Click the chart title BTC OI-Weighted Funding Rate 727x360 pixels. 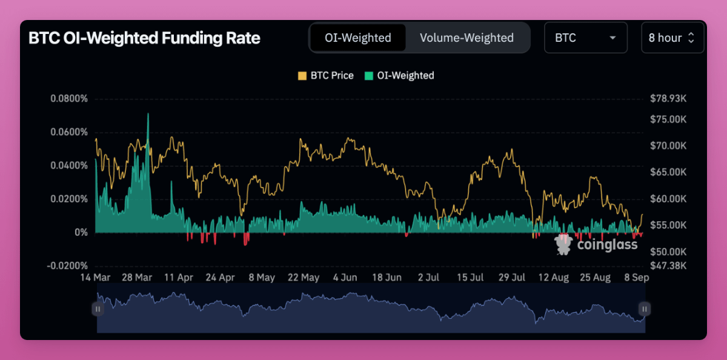coord(144,38)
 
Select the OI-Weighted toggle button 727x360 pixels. coord(357,38)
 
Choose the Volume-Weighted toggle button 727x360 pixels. coord(466,38)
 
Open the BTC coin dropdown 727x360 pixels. coord(585,38)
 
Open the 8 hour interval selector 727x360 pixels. coord(672,38)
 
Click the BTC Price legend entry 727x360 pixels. coord(325,76)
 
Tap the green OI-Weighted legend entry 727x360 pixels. coord(399,76)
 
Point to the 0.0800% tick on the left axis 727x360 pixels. coord(68,98)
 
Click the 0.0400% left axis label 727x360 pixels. coord(68,165)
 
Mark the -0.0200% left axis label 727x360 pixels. coord(67,265)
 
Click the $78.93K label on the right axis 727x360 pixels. coord(668,98)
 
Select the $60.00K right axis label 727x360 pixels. coord(668,199)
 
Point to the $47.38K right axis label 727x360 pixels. coord(668,265)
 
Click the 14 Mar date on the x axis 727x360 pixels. coord(96,278)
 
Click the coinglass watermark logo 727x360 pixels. coord(596,244)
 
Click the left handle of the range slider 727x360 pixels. coord(98,309)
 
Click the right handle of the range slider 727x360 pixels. coord(645,309)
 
